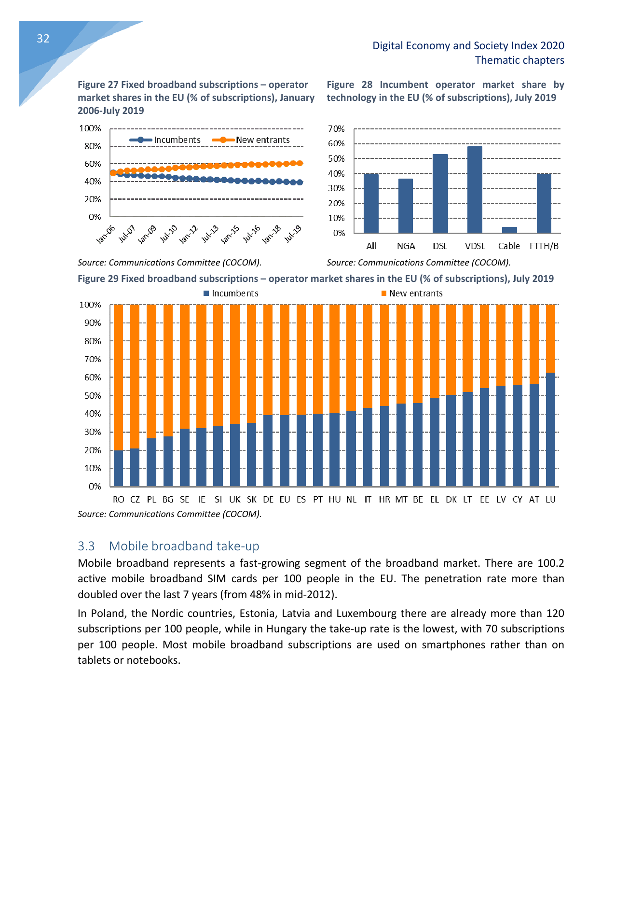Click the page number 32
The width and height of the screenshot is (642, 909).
click(43, 39)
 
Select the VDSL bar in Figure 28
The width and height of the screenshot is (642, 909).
click(475, 190)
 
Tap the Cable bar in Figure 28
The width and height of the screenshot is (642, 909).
click(509, 230)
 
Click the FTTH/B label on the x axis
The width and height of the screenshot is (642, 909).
click(544, 246)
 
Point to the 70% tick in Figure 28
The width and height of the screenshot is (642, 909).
click(336, 129)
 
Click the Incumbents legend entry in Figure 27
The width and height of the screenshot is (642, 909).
click(165, 140)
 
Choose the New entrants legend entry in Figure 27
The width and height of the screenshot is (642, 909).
click(251, 140)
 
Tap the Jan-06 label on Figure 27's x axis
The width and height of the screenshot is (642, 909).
click(106, 234)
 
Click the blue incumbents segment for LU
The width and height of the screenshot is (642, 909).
click(550, 429)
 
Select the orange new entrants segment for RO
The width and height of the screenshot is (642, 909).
click(118, 377)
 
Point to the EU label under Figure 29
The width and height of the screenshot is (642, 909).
click(285, 500)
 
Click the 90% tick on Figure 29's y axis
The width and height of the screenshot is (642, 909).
click(90, 323)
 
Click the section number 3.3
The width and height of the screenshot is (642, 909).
click(86, 546)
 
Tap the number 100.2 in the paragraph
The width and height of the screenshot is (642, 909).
click(550, 563)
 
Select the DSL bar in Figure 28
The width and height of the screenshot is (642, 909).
click(440, 194)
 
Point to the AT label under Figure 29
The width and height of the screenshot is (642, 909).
click(534, 500)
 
